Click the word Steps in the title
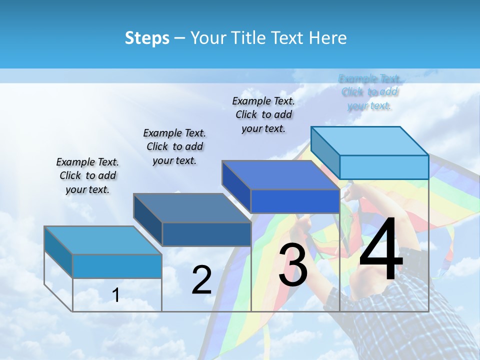(x=147, y=38)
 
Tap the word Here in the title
(x=328, y=38)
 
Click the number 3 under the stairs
(x=293, y=264)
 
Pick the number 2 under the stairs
(x=201, y=280)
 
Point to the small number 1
(x=116, y=295)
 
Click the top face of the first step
(x=102, y=240)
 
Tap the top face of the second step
(x=192, y=207)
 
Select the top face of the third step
(x=280, y=175)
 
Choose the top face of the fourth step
(x=370, y=141)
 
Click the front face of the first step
(x=117, y=266)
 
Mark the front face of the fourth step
(x=384, y=167)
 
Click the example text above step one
(x=87, y=175)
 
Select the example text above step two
(x=174, y=146)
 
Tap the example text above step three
(x=263, y=114)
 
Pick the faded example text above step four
(x=369, y=92)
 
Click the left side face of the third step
(x=236, y=187)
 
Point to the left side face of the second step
(x=148, y=220)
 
